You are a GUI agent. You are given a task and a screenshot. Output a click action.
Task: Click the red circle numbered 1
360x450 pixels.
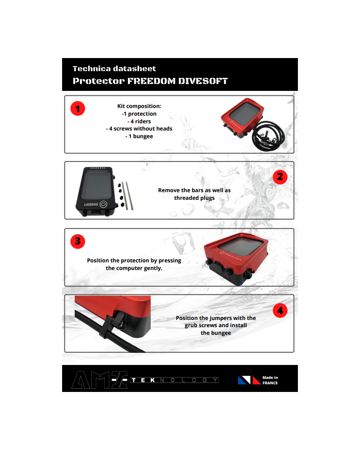pyautogui.click(x=77, y=108)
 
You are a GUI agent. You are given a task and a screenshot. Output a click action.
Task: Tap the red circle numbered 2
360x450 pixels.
pyautogui.click(x=280, y=177)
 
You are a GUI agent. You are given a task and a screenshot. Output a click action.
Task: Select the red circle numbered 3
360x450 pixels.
pyautogui.click(x=77, y=241)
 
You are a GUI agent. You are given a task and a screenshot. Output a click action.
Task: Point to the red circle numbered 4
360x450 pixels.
pyautogui.click(x=280, y=310)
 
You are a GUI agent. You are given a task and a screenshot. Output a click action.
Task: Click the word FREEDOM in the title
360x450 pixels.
pyautogui.click(x=151, y=81)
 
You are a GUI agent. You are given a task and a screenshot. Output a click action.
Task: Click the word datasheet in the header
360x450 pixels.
pyautogui.click(x=135, y=68)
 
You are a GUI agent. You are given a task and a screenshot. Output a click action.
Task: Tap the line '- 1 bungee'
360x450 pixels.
pyautogui.click(x=139, y=136)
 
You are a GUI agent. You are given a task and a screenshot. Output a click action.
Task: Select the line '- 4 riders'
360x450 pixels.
pyautogui.click(x=139, y=121)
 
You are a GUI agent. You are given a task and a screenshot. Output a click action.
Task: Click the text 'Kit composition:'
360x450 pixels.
pyautogui.click(x=139, y=106)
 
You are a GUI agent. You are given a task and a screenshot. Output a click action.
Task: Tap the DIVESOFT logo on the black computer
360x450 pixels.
pyautogui.click(x=95, y=204)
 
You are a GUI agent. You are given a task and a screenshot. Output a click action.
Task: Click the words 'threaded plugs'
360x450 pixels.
pyautogui.click(x=194, y=198)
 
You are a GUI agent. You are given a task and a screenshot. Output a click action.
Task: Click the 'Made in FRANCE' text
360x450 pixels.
pyautogui.click(x=270, y=380)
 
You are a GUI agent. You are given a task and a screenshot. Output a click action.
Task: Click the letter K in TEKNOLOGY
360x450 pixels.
pyautogui.click(x=153, y=380)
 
